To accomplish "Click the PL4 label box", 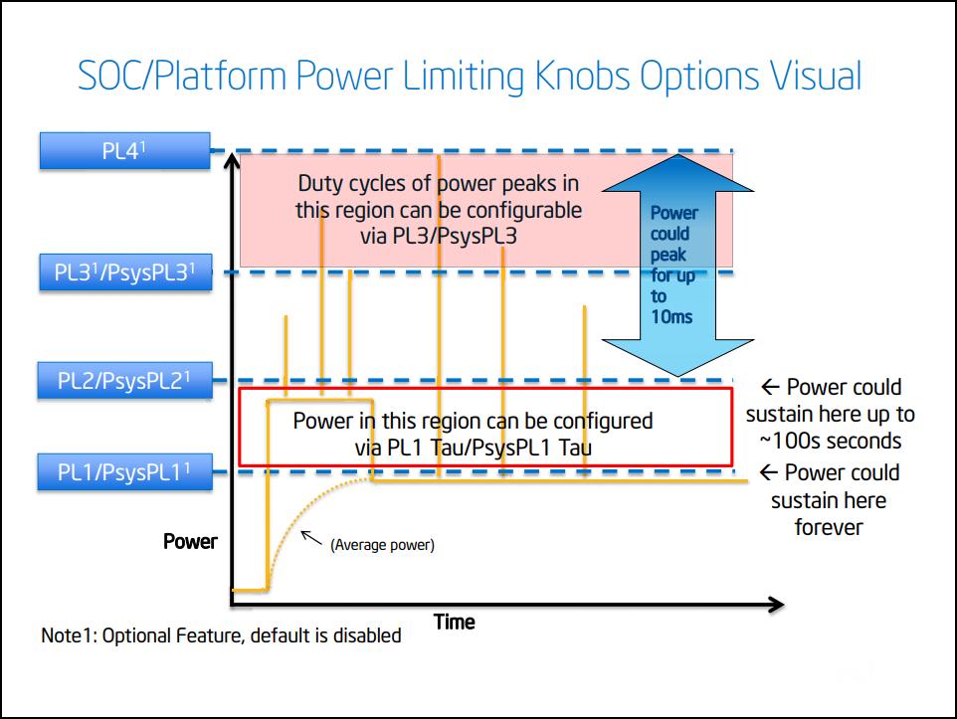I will tap(124, 152).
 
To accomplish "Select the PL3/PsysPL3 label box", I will tap(125, 271).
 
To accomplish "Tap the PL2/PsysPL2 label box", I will tap(124, 380).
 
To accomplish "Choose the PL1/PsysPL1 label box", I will tap(124, 472).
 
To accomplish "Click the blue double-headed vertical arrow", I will tap(673, 266).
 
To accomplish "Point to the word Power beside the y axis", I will tap(190, 542).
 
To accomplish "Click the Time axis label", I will tap(454, 623).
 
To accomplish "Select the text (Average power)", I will tap(382, 545).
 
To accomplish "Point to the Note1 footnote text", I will tap(221, 635).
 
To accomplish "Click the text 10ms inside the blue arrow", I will tap(671, 317).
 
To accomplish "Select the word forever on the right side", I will tap(828, 527).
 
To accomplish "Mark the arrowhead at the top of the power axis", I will tap(232, 159).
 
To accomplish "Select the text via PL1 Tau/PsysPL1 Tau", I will tap(473, 448).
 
